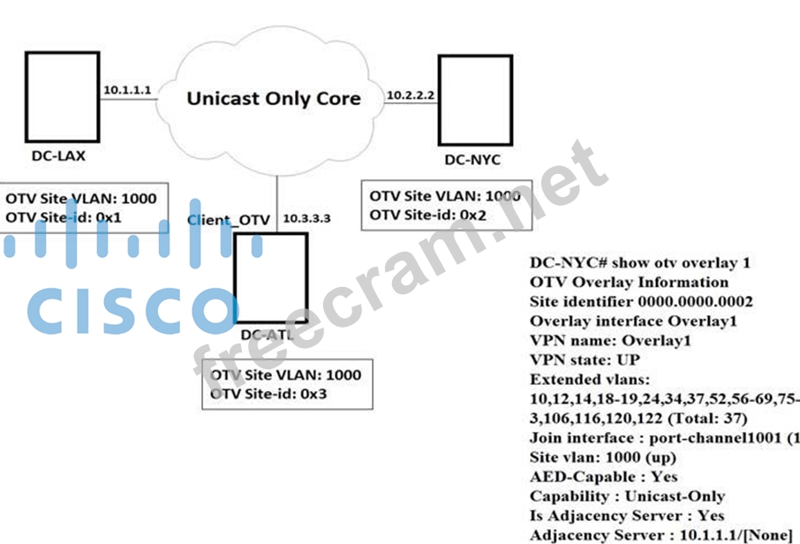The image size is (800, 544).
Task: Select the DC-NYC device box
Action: [474, 100]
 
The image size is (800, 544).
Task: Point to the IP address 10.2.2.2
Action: [411, 94]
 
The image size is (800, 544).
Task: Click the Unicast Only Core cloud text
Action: [274, 98]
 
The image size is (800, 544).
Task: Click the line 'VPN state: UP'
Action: [585, 360]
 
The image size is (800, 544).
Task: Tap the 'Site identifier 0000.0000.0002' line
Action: [629, 302]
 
